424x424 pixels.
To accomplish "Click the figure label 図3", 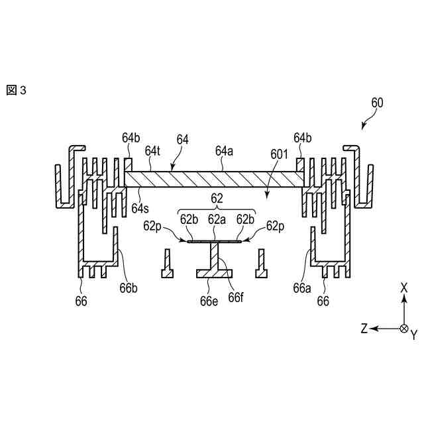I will click(16, 90).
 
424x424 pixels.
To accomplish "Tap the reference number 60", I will click(377, 103).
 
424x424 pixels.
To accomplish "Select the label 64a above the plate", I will click(225, 151).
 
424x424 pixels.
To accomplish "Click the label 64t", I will click(153, 151).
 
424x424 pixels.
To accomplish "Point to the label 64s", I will click(140, 207).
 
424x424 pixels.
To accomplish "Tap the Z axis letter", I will click(364, 329).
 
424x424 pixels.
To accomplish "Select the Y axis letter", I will click(414, 335).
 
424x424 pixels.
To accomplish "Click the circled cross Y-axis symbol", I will click(404, 329).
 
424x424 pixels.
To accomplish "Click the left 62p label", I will click(152, 226).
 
